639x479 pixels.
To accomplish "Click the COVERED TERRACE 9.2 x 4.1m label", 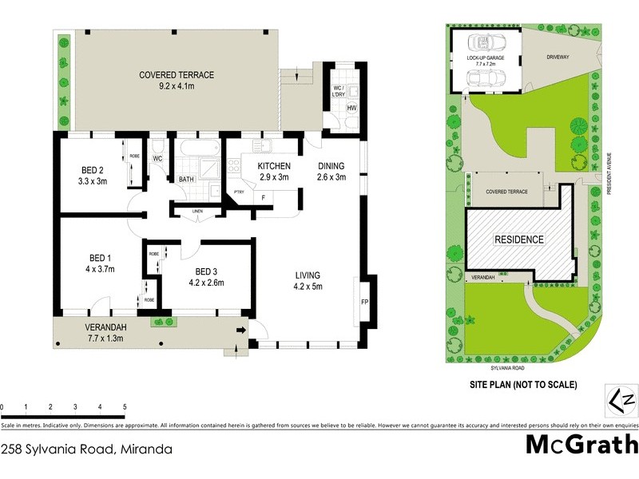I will coord(177,81).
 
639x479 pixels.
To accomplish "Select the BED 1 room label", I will coord(101,263).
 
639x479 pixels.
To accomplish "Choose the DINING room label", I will coord(331,172).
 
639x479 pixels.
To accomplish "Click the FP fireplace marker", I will coord(364,303).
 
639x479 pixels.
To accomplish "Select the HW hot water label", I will coord(351,108).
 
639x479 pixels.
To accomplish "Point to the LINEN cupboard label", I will coord(197,211).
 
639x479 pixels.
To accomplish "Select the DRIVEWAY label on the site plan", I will coord(558,57).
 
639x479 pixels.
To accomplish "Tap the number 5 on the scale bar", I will coord(125,406).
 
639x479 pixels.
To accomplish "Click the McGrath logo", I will coord(581,444).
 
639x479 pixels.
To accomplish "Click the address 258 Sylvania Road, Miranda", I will coord(86,449).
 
